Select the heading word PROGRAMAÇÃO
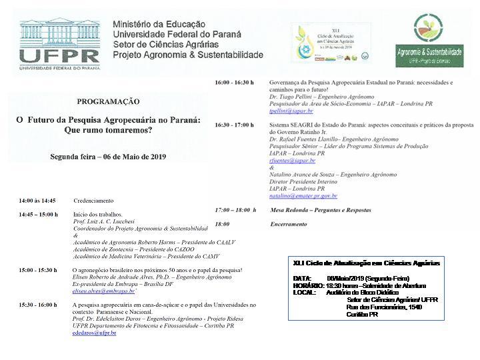click(x=108, y=101)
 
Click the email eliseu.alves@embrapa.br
click(x=103, y=291)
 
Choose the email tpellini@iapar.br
click(x=291, y=111)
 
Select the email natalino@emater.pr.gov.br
click(x=303, y=196)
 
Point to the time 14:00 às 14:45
click(x=37, y=201)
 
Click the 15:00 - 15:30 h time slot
click(x=38, y=270)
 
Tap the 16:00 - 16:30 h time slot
click(x=234, y=83)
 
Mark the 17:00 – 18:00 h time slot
click(x=235, y=210)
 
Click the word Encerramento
click(x=289, y=225)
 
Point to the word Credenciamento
click(x=93, y=201)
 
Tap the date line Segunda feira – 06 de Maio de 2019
click(x=108, y=157)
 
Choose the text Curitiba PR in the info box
click(x=363, y=314)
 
